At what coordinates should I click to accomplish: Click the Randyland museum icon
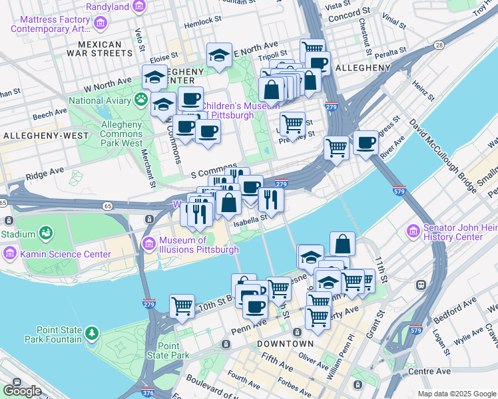click(139, 7)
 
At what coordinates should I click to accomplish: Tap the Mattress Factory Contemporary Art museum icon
click(101, 25)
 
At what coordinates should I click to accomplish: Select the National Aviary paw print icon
click(141, 100)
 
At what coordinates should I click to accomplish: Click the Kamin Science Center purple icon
click(10, 254)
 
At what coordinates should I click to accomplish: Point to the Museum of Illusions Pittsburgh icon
click(149, 243)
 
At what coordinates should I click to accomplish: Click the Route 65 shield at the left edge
click(3, 202)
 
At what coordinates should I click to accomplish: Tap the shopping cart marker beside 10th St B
click(182, 307)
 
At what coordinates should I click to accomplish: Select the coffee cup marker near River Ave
click(365, 143)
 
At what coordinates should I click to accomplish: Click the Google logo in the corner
click(22, 391)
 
